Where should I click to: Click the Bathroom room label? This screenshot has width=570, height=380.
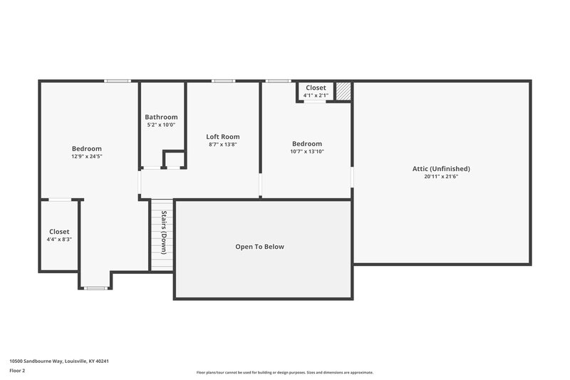coord(161,117)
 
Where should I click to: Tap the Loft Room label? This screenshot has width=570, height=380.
coord(223,136)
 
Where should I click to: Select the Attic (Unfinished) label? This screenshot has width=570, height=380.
coord(441,169)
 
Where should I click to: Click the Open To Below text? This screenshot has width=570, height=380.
coord(259,247)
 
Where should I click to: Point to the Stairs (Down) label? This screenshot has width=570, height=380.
coord(164,232)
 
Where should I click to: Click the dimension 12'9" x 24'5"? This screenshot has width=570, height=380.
coord(86,156)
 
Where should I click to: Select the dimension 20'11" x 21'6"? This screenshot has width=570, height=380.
coord(441,177)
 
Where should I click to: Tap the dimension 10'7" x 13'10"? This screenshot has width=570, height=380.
coord(307,151)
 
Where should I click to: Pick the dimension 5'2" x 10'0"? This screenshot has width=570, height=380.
coord(161,125)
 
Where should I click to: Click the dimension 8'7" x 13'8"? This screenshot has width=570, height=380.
coord(223,144)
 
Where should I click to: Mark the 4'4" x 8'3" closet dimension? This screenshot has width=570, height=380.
coord(59,240)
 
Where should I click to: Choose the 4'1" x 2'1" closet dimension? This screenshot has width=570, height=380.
coord(316,96)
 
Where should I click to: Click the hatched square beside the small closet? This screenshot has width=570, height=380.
coord(343,91)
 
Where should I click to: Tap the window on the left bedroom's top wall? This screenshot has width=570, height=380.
coord(117,81)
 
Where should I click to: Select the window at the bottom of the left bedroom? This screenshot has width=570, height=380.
coord(95,288)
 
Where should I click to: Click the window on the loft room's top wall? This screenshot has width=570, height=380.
coord(223,81)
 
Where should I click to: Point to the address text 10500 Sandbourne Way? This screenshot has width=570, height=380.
coord(59,361)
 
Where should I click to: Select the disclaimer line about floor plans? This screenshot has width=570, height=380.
coord(284,372)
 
